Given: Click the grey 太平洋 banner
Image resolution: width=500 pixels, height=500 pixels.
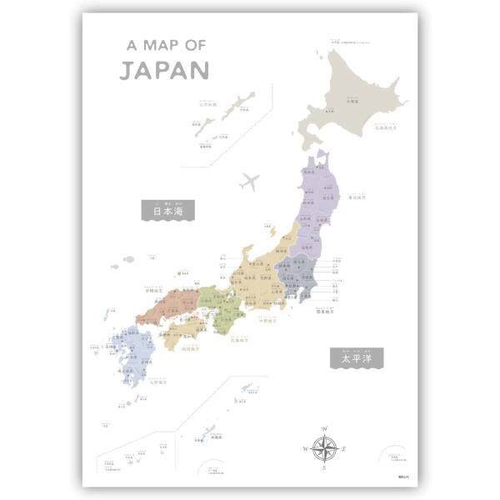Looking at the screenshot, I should [x=356, y=359].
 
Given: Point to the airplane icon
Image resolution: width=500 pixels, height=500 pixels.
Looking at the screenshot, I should [x=248, y=181].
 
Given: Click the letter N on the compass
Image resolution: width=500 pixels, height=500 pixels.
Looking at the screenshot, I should [x=323, y=428].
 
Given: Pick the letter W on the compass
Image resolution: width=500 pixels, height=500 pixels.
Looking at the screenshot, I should [x=305, y=448].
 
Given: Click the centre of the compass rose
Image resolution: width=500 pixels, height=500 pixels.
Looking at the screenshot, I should [x=323, y=447].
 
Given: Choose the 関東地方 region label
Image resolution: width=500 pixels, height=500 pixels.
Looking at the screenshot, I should [x=325, y=312].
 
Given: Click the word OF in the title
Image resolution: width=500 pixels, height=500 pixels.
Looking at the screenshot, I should [x=192, y=45].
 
